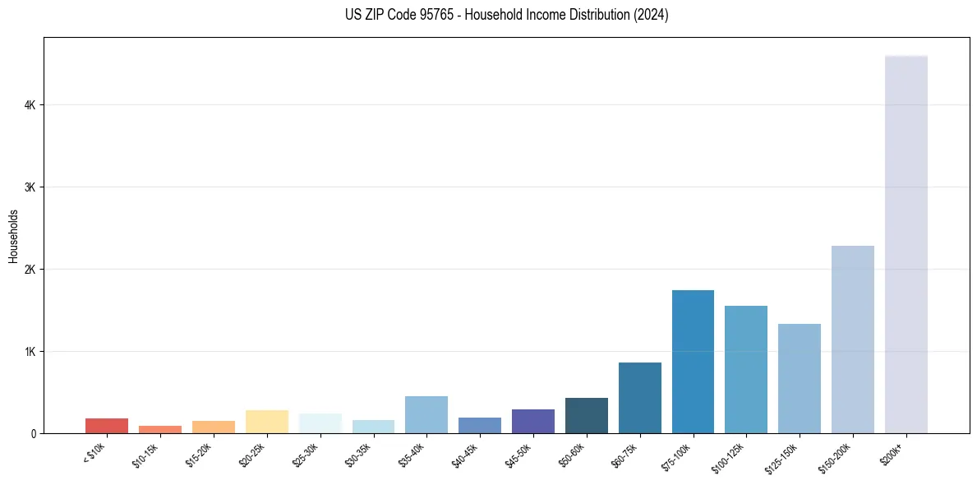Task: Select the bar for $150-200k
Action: pyautogui.click(x=852, y=339)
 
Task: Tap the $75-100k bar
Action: pyautogui.click(x=693, y=362)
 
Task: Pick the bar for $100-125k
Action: pyautogui.click(x=746, y=369)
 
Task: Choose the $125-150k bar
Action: pyautogui.click(x=799, y=378)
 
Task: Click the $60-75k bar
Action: pyautogui.click(x=639, y=398)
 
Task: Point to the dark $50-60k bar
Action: pyautogui.click(x=586, y=415)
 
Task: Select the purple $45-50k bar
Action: pyautogui.click(x=532, y=421)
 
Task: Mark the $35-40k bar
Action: pyautogui.click(x=426, y=414)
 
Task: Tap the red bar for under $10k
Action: pyautogui.click(x=107, y=426)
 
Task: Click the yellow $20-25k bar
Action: pyautogui.click(x=266, y=422)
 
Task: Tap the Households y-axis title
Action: pyautogui.click(x=13, y=236)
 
